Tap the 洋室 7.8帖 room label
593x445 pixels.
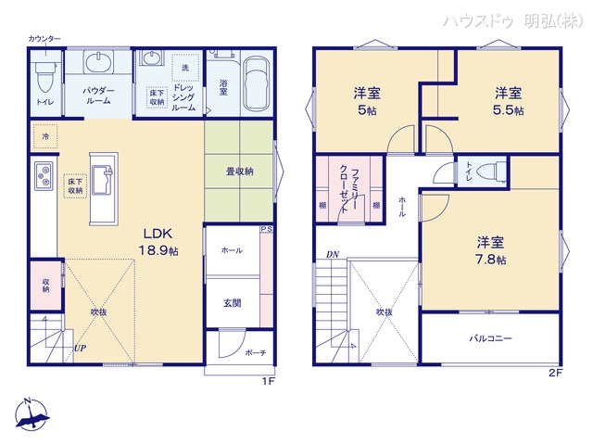[x=491, y=250]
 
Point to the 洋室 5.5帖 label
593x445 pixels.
[x=507, y=100]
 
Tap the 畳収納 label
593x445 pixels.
[x=240, y=172]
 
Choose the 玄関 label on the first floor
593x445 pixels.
[x=233, y=302]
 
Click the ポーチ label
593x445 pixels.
[x=255, y=352]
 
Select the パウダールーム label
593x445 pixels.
[x=98, y=95]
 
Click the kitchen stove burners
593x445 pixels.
[x=43, y=174]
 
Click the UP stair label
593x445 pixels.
[x=81, y=350]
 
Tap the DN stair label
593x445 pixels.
[x=331, y=256]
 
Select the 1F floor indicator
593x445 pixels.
[x=268, y=380]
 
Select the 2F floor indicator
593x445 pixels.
[x=554, y=373]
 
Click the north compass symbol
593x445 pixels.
[x=30, y=414]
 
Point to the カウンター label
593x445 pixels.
[x=44, y=38]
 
